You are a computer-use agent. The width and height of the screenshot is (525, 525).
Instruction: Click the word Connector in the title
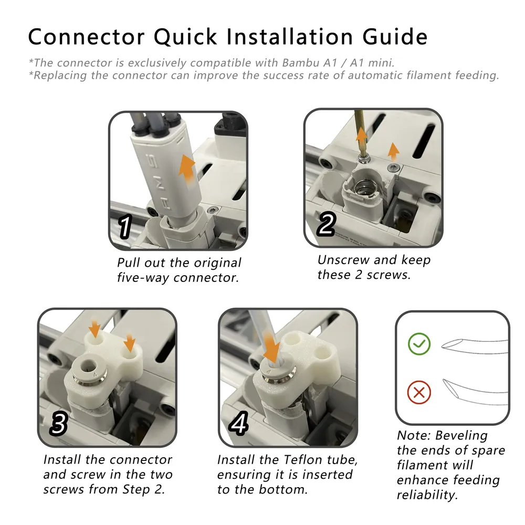[87, 36]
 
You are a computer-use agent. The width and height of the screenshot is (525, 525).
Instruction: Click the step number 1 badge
[125, 227]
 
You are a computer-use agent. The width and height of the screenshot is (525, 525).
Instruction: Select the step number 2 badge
[327, 224]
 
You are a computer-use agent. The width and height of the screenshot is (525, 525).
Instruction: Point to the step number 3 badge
[59, 424]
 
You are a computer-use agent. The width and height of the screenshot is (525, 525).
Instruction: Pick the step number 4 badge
[239, 423]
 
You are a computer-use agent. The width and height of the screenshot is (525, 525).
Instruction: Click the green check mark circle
[419, 344]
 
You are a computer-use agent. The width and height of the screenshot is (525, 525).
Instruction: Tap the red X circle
[419, 392]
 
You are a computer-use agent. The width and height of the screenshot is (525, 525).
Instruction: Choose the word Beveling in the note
[461, 436]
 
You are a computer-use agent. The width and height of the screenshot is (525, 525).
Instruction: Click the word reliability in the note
[427, 495]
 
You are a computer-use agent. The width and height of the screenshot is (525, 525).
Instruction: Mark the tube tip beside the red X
[444, 380]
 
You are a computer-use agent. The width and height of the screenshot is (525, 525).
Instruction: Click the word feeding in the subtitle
[477, 76]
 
